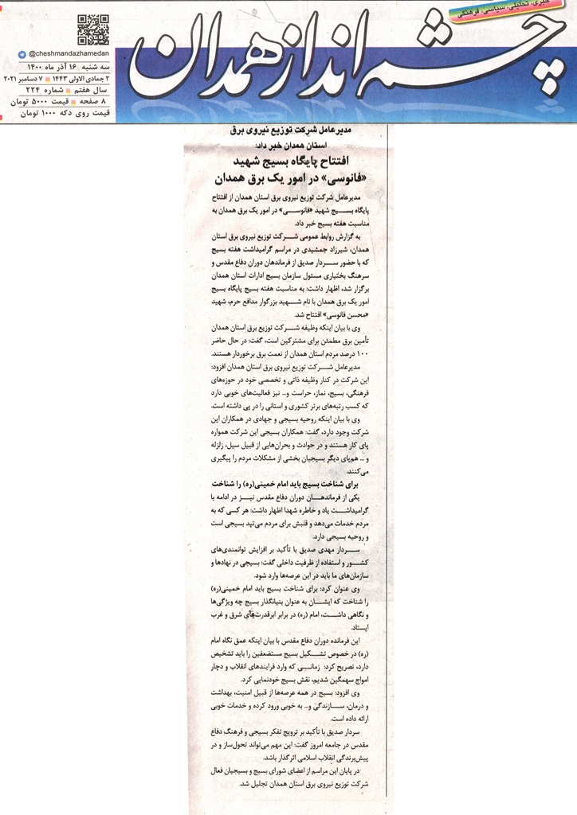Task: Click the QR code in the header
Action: (x=93, y=29)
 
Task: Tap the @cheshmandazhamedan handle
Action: (x=65, y=53)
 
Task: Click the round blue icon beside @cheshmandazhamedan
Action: (x=21, y=53)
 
